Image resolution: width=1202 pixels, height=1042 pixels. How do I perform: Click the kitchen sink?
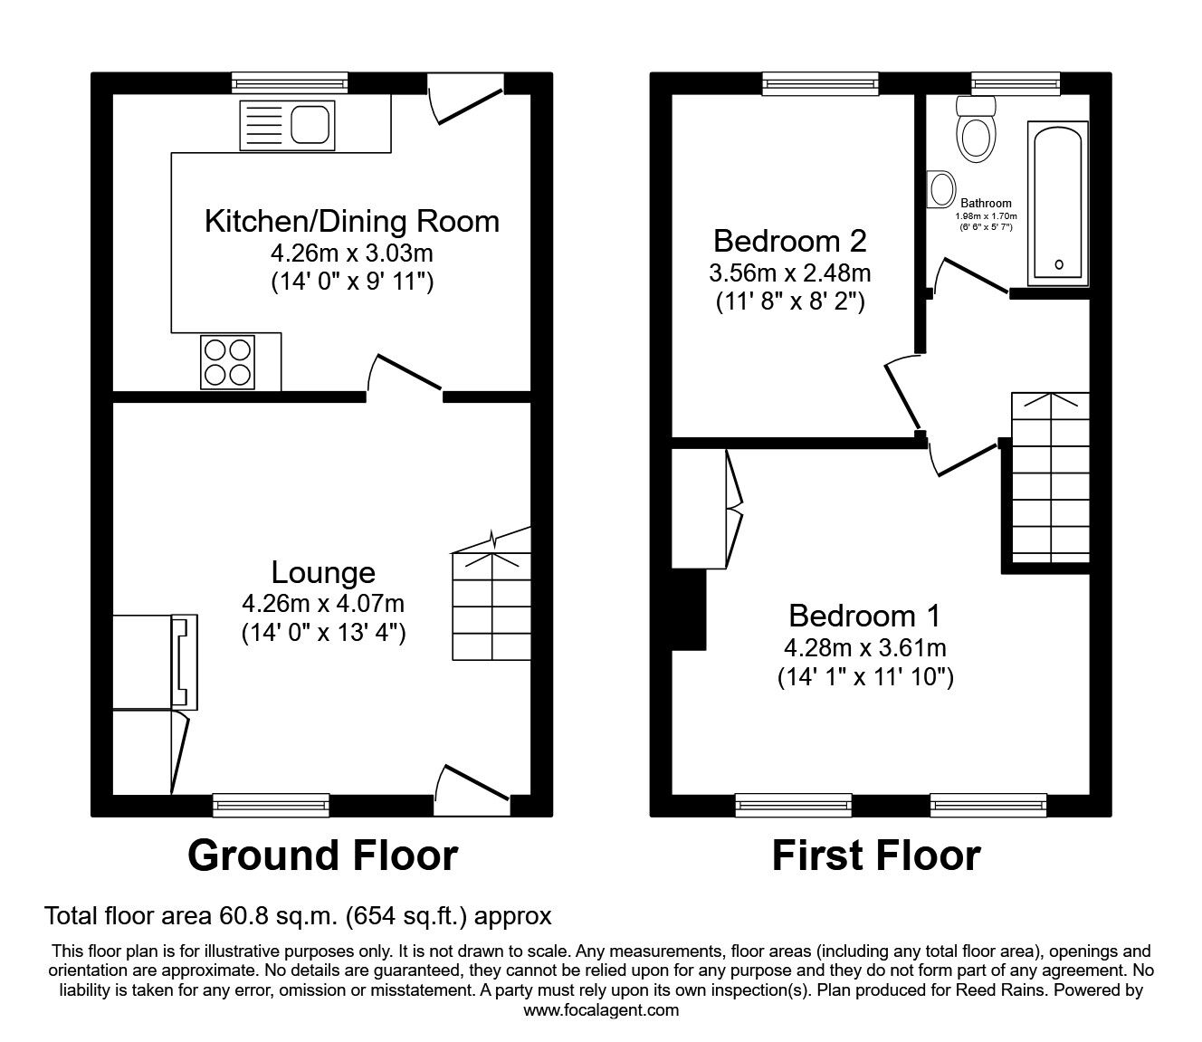pos(286,125)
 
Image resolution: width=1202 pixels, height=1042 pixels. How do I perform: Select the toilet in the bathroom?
pos(975,131)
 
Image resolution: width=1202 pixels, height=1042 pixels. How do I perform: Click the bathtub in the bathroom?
pos(1057,205)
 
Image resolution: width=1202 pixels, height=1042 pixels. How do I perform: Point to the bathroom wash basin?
pos(940,190)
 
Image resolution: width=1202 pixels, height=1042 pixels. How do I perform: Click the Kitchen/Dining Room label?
pos(351,221)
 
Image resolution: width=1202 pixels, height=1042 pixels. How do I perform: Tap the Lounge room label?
pos(323,572)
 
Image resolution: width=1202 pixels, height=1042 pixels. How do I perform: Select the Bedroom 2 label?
pos(789,241)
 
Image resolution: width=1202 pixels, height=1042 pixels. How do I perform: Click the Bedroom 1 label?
pos(864,616)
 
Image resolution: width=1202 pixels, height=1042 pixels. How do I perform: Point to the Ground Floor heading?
pos(322,856)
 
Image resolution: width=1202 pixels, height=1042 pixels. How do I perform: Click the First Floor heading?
pos(875,856)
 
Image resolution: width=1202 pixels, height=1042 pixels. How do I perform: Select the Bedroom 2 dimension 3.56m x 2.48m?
pos(789,272)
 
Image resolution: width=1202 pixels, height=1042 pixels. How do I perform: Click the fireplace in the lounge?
pos(183,661)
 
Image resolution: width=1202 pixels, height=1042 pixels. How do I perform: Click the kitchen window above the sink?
pos(290,83)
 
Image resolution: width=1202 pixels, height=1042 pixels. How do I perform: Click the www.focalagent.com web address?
pos(601,1010)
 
